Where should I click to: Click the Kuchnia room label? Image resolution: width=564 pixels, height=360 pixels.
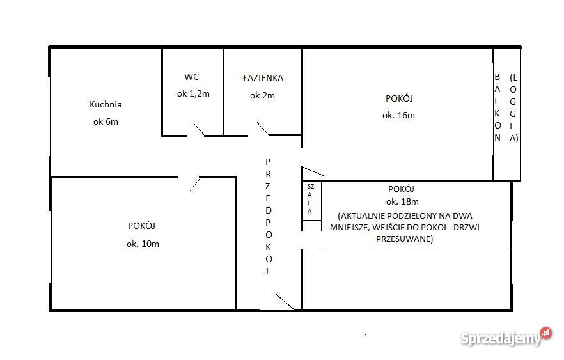click(x=106, y=104)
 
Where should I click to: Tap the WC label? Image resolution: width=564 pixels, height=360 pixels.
click(x=192, y=77)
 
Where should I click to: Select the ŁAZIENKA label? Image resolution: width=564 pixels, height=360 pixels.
click(x=263, y=78)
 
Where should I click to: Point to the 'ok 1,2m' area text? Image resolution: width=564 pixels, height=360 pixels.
click(x=193, y=93)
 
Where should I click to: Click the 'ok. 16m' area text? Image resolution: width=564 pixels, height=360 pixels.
click(x=398, y=115)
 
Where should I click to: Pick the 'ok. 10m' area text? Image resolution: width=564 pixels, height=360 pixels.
click(x=142, y=243)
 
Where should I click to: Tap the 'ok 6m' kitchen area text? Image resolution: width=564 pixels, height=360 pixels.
click(x=106, y=121)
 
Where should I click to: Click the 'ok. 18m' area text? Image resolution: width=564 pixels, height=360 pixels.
click(x=401, y=202)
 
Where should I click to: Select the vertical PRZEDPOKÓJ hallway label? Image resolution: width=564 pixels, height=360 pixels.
click(x=269, y=216)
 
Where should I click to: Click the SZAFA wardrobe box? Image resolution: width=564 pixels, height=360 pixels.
click(x=311, y=201)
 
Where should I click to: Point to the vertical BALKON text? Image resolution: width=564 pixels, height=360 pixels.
click(x=497, y=107)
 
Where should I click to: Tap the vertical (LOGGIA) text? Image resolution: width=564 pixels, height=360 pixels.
click(x=513, y=107)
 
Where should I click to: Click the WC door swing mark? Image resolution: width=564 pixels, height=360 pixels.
click(x=197, y=130)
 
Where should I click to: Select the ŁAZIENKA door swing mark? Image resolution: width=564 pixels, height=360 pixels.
click(x=263, y=129)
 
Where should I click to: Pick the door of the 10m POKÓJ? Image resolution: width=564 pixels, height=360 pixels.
click(x=194, y=184)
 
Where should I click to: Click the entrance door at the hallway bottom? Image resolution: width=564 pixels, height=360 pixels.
click(x=284, y=301)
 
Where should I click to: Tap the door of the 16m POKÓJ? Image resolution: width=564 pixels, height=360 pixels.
click(x=313, y=171)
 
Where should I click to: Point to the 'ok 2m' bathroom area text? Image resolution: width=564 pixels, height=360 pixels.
click(x=262, y=95)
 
